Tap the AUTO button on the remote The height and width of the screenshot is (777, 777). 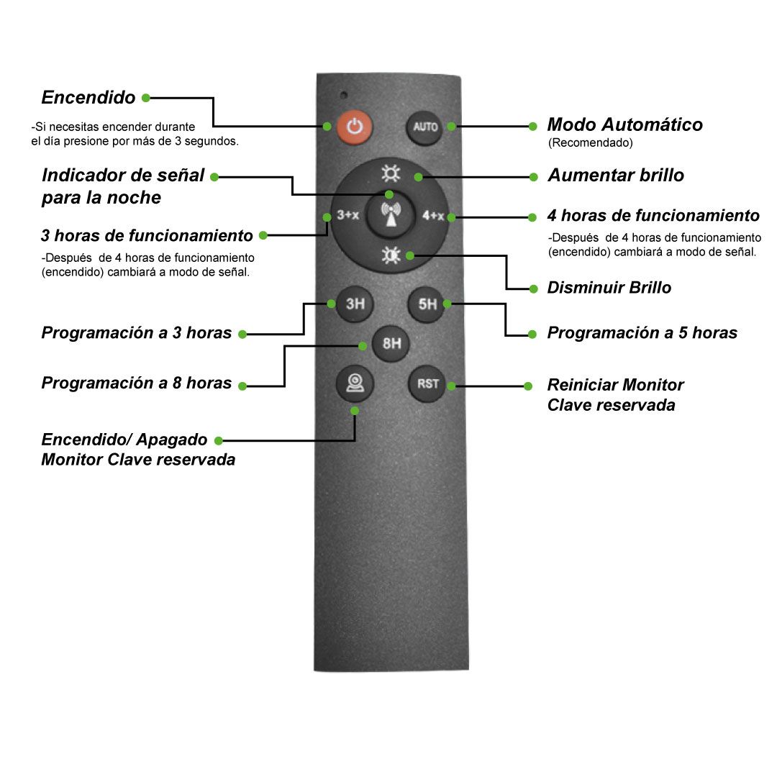click(x=424, y=127)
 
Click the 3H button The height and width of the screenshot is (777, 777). click(x=355, y=304)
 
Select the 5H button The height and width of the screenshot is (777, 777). click(x=426, y=304)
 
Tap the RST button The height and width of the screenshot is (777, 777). click(x=427, y=384)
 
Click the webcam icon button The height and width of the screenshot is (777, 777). click(x=355, y=383)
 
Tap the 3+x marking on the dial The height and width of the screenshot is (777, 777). click(x=348, y=215)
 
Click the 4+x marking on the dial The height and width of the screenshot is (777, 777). click(x=432, y=216)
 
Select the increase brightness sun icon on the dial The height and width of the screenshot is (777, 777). click(x=391, y=173)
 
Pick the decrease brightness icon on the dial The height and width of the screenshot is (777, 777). click(x=391, y=255)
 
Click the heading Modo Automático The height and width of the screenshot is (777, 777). click(x=625, y=124)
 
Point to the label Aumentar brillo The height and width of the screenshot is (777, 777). click(x=616, y=175)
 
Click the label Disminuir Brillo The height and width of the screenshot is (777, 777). click(x=609, y=287)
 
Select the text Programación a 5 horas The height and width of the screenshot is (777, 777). click(x=642, y=332)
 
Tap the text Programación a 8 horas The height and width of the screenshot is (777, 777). click(x=136, y=383)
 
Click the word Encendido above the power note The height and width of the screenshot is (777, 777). click(x=88, y=97)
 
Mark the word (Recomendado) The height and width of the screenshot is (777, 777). click(x=590, y=142)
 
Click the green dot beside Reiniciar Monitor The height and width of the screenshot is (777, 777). click(x=528, y=386)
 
